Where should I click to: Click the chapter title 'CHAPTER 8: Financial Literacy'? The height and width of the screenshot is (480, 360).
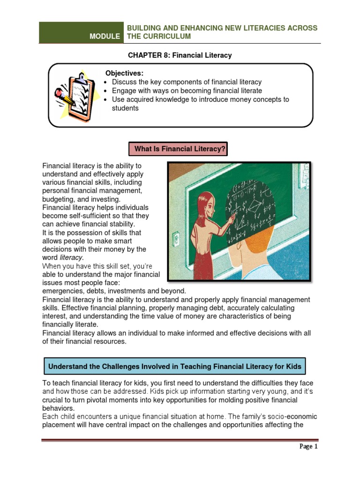point(180,55)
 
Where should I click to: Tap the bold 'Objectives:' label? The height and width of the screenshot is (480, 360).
point(124,73)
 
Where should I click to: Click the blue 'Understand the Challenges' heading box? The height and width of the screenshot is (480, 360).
point(175,366)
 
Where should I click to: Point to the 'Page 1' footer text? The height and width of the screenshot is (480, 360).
point(308,446)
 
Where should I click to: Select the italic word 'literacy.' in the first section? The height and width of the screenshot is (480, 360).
point(71,257)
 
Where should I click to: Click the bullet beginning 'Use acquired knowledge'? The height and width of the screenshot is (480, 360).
point(200,99)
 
